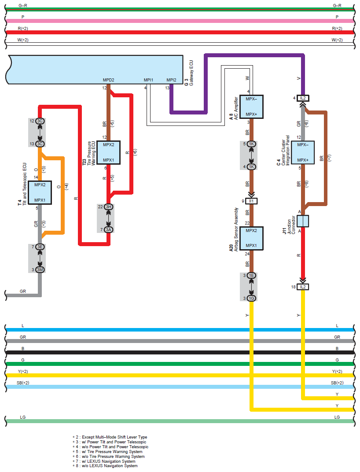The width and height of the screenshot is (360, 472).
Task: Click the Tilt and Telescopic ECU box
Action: pyautogui.click(x=40, y=193)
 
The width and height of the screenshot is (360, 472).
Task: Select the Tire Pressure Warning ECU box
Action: pyautogui.click(x=109, y=152)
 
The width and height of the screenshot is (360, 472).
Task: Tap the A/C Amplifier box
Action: pyautogui.click(x=251, y=107)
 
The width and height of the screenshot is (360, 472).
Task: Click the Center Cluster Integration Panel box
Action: pyautogui.click(x=303, y=152)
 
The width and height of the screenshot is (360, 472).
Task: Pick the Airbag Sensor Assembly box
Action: pyautogui.click(x=251, y=238)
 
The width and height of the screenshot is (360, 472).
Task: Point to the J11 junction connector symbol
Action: pyautogui.click(x=303, y=221)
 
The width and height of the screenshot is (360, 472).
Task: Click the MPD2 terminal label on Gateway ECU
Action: pyautogui.click(x=109, y=80)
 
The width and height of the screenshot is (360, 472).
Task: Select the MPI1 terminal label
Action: pyautogui.click(x=149, y=80)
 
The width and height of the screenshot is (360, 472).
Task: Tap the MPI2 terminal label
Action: pyautogui.click(x=172, y=80)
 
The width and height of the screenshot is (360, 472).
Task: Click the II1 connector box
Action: pyautogui.click(x=251, y=201)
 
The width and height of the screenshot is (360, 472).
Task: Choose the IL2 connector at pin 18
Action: pyautogui.click(x=303, y=287)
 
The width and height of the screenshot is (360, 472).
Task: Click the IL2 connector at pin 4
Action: pyautogui.click(x=303, y=98)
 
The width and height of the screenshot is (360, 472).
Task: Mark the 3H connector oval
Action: pyautogui.click(x=109, y=207)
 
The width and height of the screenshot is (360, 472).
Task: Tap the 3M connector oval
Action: pyautogui.click(x=40, y=270)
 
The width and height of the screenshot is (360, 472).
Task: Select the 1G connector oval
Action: pyautogui.click(x=251, y=299)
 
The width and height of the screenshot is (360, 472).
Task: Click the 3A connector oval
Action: pyautogui.click(x=109, y=230)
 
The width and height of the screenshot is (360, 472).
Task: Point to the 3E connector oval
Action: pyautogui.click(x=40, y=247)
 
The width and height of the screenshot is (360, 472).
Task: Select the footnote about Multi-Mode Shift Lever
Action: pyautogui.click(x=110, y=437)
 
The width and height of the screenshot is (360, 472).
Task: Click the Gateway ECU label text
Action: pyautogui.click(x=191, y=73)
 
